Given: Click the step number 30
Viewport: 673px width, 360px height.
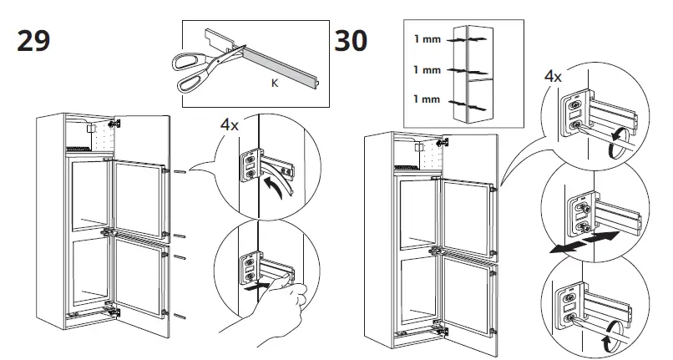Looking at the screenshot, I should pos(351,40).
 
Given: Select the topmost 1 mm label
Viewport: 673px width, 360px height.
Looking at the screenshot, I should pos(427,39).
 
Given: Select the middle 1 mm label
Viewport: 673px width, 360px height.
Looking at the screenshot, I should pos(427,70).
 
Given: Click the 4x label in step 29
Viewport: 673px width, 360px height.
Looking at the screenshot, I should pos(230,125).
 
